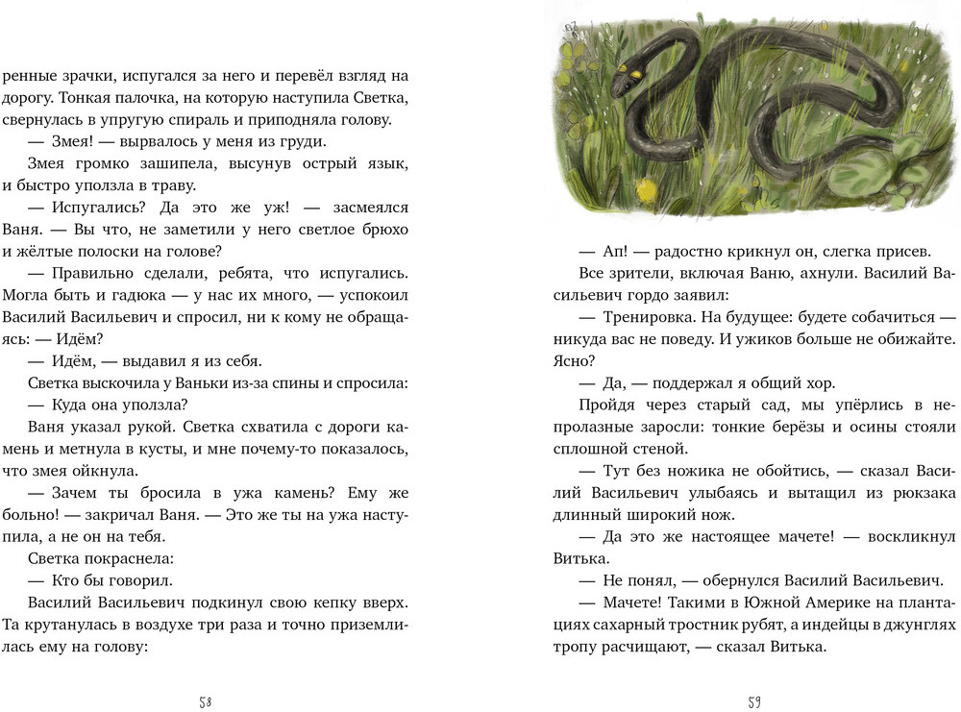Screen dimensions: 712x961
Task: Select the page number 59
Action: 754,701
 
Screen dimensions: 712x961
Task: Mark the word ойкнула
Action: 112,471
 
